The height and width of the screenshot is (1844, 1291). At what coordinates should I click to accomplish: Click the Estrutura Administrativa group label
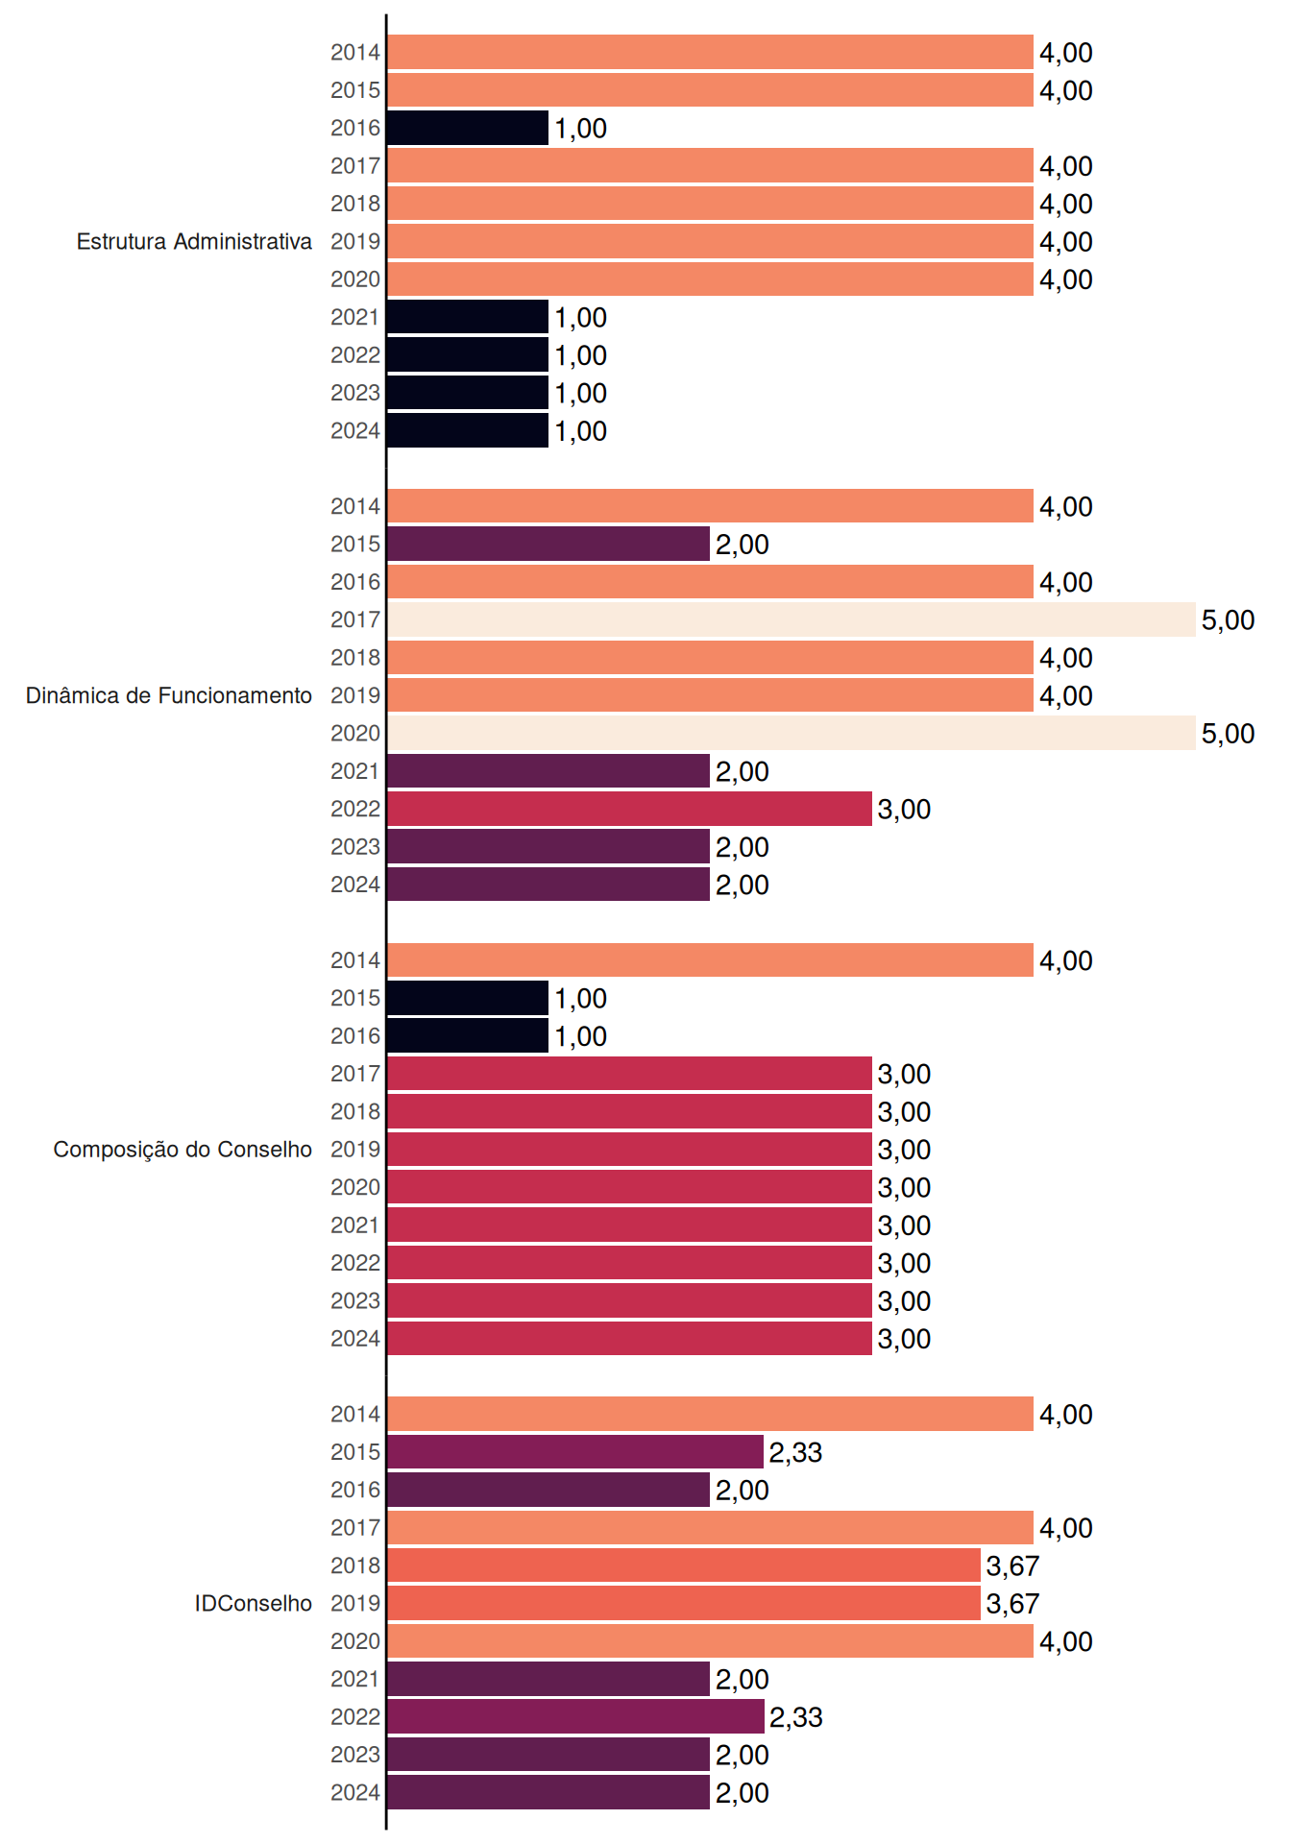(194, 241)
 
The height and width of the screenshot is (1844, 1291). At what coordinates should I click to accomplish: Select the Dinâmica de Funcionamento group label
(169, 695)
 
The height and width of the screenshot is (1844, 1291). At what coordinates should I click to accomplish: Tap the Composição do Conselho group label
(183, 1150)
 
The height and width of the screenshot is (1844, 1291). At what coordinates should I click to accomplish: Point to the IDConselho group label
(254, 1603)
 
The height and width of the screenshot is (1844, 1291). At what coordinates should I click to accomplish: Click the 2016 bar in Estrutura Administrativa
(468, 128)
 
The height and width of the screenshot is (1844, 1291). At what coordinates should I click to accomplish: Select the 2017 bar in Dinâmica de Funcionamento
(792, 619)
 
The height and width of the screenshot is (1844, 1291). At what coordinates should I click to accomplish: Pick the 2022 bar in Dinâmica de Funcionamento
(629, 809)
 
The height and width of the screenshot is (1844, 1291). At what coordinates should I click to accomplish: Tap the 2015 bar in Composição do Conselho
(468, 998)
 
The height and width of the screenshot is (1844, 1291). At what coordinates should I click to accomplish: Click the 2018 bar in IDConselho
(684, 1565)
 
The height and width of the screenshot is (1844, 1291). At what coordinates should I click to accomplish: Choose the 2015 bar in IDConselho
(575, 1452)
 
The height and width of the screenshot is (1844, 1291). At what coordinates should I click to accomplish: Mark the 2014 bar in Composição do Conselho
(710, 960)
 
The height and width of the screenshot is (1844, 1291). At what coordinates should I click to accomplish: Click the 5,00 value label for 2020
(1228, 734)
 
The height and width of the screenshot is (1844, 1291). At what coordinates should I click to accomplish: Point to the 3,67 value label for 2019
(1012, 1604)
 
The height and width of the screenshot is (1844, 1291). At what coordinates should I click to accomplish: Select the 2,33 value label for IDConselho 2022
(795, 1717)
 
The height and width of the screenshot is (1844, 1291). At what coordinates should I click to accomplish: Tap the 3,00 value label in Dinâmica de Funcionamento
(904, 810)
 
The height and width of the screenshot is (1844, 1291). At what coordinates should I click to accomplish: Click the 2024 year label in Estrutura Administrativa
(355, 431)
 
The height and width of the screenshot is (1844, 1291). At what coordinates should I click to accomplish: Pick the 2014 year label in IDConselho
(355, 1414)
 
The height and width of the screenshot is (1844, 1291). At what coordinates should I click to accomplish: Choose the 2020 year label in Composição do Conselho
(355, 1187)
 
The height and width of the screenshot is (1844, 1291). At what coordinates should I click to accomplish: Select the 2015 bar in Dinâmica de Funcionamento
(548, 544)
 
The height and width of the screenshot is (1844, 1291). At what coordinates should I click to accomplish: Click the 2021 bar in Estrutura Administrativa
(468, 317)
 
